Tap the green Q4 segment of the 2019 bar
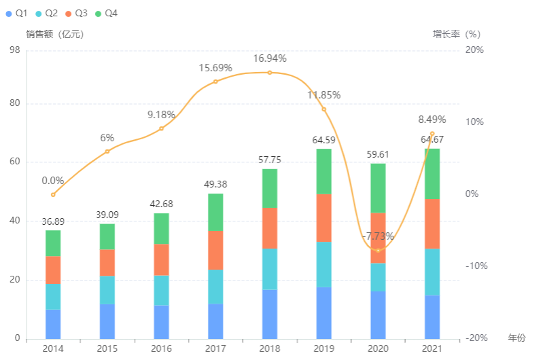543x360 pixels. pyautogui.click(x=323, y=171)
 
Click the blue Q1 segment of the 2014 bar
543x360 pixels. pyautogui.click(x=53, y=324)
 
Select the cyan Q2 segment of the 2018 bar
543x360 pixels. pyautogui.click(x=269, y=269)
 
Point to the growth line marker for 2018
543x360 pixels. pyautogui.click(x=270, y=73)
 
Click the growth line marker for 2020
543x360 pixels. pyautogui.click(x=378, y=251)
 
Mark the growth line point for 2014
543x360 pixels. pyautogui.click(x=53, y=195)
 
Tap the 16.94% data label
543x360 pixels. pyautogui.click(x=270, y=58)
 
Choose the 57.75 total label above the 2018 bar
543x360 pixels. pyautogui.click(x=270, y=160)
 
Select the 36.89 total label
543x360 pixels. pyautogui.click(x=53, y=221)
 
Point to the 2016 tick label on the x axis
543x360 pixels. pyautogui.click(x=161, y=348)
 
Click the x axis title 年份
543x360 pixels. pyautogui.click(x=516, y=338)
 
